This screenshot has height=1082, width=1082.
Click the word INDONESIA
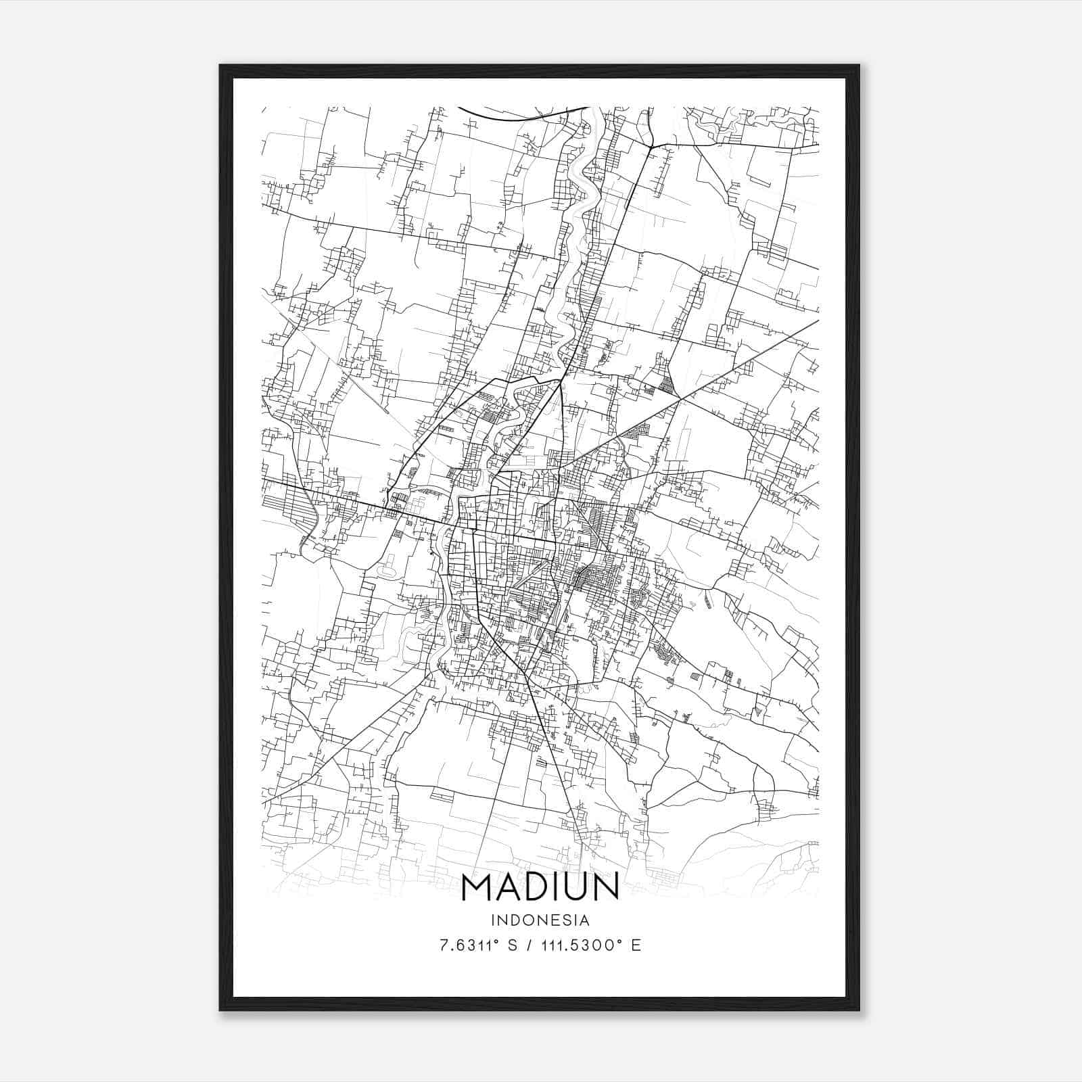click(x=540, y=920)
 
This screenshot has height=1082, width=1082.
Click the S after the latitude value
click(x=512, y=945)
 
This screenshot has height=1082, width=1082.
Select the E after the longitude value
click(x=636, y=945)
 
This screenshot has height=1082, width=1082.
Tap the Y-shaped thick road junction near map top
click(x=650, y=145)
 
